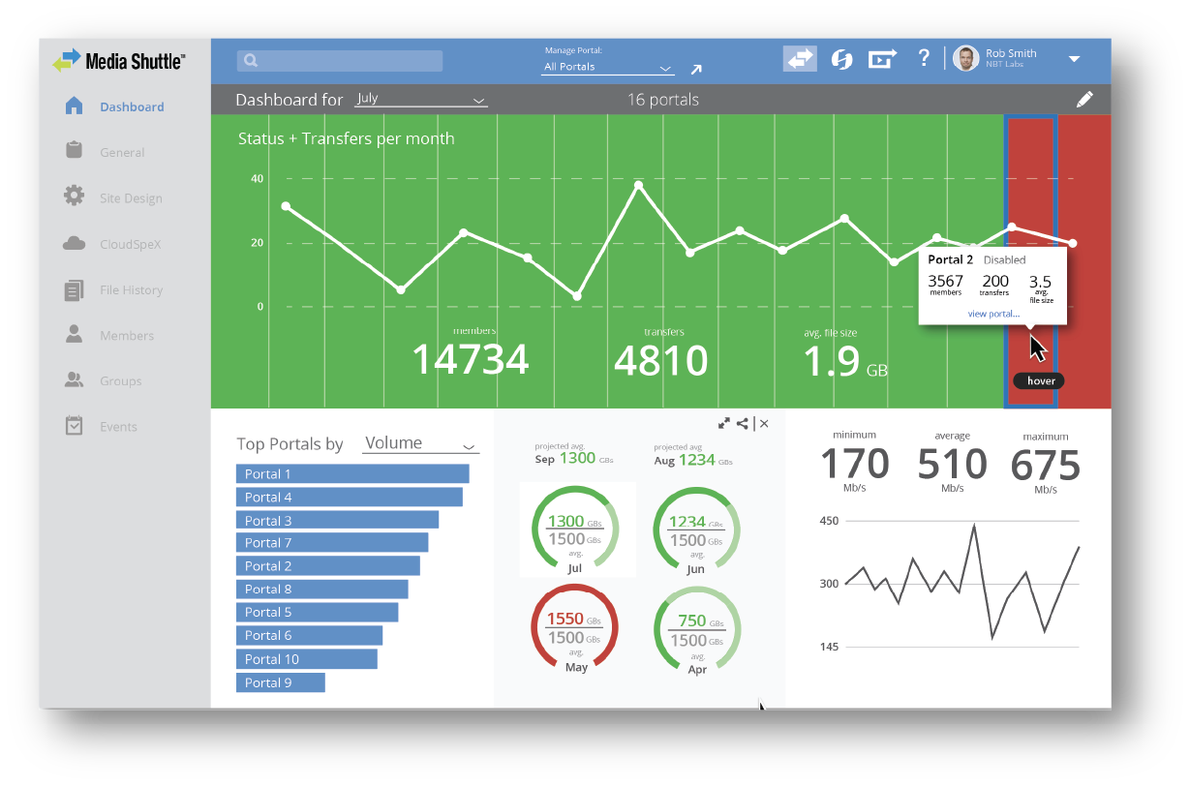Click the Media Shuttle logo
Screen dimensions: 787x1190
pos(118,62)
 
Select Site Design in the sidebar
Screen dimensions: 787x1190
pos(131,198)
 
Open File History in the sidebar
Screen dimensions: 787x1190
pos(131,290)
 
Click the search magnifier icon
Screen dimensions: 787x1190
pos(251,61)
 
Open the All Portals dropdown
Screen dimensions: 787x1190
pos(607,67)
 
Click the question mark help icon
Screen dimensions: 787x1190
pos(924,58)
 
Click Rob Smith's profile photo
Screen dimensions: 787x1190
pos(965,59)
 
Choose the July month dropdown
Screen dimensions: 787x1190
pos(420,99)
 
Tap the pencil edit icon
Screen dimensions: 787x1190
pos(1084,99)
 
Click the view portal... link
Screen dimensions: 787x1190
pos(992,314)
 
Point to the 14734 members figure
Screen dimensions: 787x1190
pos(471,360)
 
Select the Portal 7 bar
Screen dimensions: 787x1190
pos(332,543)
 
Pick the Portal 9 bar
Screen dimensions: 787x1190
pos(281,682)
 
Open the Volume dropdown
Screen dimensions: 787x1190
pos(420,443)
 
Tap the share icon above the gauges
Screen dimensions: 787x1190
pos(743,423)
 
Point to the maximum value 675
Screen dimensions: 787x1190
pos(1045,467)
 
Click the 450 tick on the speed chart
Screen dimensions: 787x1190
pos(829,521)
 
